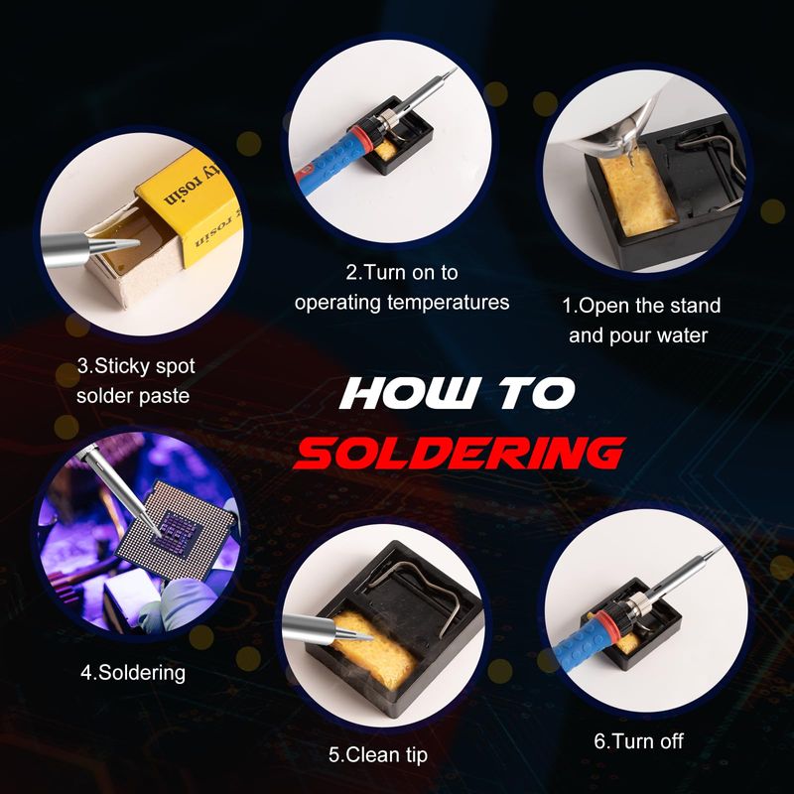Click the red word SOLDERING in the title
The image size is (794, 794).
pyautogui.click(x=459, y=453)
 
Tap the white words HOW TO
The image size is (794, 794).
pyautogui.click(x=458, y=393)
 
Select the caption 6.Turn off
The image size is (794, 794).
pyautogui.click(x=638, y=741)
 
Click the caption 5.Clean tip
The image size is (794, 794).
pyautogui.click(x=378, y=755)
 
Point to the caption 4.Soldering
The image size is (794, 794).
pyautogui.click(x=133, y=673)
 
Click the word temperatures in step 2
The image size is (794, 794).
pyautogui.click(x=449, y=303)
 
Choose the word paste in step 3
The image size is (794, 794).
pyautogui.click(x=164, y=396)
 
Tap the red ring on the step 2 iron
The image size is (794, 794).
pyautogui.click(x=359, y=136)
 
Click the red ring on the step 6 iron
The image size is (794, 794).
pyautogui.click(x=602, y=623)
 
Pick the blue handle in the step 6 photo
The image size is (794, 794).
pyautogui.click(x=578, y=649)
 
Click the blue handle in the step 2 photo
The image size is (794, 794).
pyautogui.click(x=329, y=164)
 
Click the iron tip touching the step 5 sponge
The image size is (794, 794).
pyautogui.click(x=353, y=633)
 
